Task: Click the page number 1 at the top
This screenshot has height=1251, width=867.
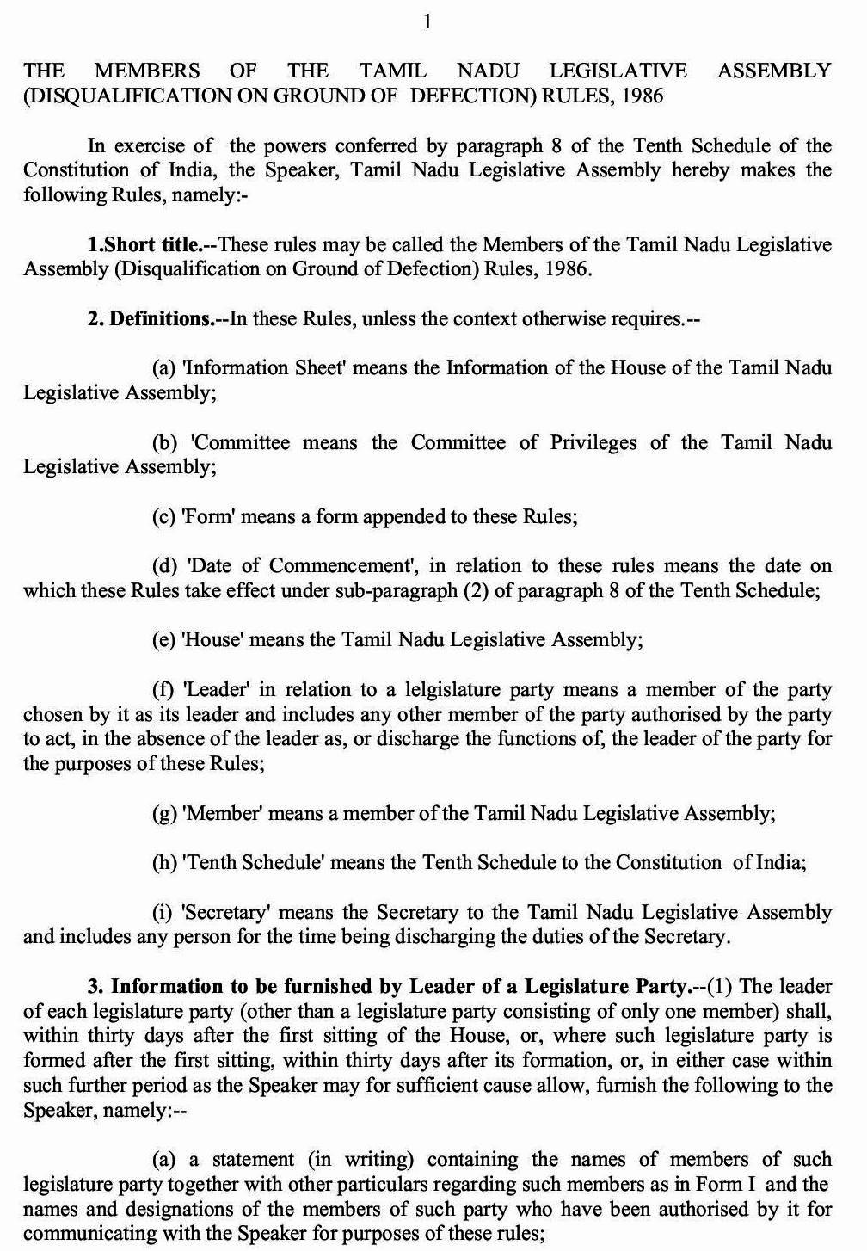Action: (427, 22)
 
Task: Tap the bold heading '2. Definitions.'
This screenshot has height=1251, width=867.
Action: (149, 319)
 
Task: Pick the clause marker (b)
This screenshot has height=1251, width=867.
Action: (165, 443)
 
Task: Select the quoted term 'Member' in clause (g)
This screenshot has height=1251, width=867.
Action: (221, 814)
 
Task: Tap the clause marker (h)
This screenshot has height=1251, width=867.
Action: (164, 863)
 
